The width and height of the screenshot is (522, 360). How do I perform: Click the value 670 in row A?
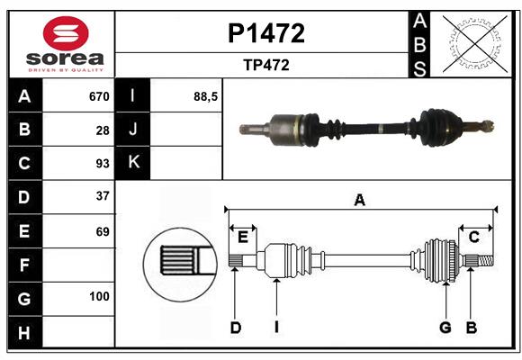tap(98, 96)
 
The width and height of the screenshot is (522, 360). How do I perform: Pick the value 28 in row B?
tap(102, 130)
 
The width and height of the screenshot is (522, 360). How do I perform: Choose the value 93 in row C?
tap(102, 163)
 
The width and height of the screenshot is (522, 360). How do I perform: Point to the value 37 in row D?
tap(102, 196)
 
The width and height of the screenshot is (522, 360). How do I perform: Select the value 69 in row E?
tap(102, 230)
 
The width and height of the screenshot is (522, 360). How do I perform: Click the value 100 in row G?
tap(99, 296)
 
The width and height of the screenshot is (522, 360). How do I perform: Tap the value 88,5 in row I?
tap(206, 96)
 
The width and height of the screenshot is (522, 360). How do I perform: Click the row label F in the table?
tap(24, 265)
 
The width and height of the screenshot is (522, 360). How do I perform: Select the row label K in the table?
tap(133, 163)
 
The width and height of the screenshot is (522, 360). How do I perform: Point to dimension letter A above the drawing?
tap(360, 200)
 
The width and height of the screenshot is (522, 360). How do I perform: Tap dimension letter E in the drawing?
tap(242, 238)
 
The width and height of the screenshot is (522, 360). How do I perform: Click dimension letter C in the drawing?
tap(473, 238)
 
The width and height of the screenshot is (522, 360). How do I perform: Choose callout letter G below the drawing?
tap(445, 328)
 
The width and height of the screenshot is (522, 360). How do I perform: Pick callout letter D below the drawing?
tap(235, 328)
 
